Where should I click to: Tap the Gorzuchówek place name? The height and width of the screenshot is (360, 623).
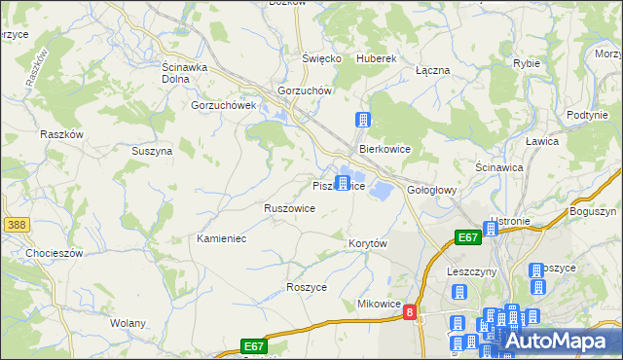tap(223, 105)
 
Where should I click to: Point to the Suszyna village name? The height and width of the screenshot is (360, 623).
tap(152, 151)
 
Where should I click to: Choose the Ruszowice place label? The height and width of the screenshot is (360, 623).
tap(289, 208)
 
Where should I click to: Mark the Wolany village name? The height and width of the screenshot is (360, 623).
tap(128, 323)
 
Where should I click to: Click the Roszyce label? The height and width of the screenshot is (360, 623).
tap(307, 287)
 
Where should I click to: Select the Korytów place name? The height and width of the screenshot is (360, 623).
tap(368, 242)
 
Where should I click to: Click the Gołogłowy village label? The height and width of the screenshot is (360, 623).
tap(432, 190)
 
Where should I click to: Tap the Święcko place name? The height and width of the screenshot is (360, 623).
tap(321, 58)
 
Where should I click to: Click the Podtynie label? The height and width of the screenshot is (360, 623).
tap(587, 115)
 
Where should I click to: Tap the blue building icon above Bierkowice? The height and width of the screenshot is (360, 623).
tap(363, 121)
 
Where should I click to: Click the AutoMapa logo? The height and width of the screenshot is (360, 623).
tap(555, 341)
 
